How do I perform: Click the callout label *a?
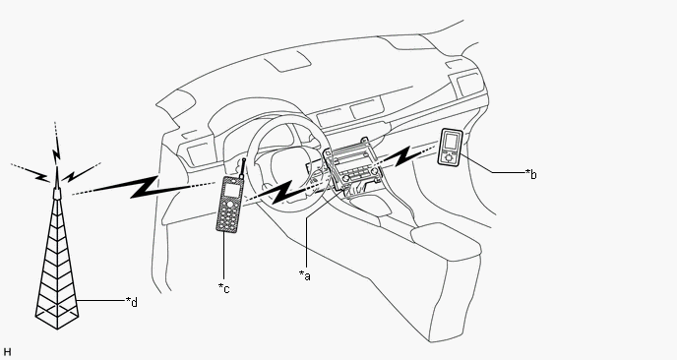click(x=305, y=275)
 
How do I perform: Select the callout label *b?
click(x=531, y=174)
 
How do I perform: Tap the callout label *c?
click(x=223, y=288)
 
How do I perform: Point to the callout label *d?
click(x=132, y=302)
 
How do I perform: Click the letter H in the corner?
click(x=7, y=352)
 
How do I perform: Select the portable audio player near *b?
click(x=451, y=147)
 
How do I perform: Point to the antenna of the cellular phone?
click(x=243, y=169)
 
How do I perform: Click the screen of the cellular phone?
click(x=230, y=189)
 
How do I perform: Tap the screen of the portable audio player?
click(x=451, y=142)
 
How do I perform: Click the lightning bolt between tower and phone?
click(x=144, y=187)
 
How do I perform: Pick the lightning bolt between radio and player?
click(x=403, y=156)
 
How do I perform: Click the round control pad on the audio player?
click(x=449, y=157)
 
